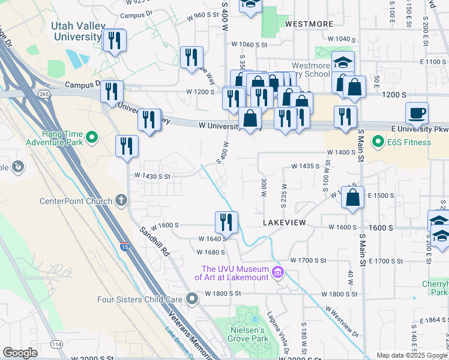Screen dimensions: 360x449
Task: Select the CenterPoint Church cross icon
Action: pos(121,200)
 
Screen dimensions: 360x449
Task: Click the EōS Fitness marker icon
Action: pos(378,142)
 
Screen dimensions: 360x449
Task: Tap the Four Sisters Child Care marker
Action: pos(191,298)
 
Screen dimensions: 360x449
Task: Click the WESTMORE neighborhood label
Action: pos(309,24)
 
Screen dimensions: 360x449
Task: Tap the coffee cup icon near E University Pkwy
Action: pos(417,112)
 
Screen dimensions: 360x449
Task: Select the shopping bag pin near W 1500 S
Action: pos(353,197)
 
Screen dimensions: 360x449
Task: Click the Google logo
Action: pos(20,353)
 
